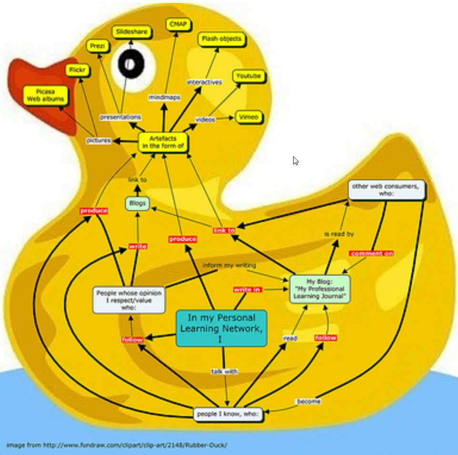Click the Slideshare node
(x=132, y=32)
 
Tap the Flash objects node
(x=222, y=39)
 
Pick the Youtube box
(x=248, y=76)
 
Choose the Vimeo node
(x=248, y=117)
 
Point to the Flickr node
(x=77, y=71)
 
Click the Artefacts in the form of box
(x=163, y=142)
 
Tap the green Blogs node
(x=137, y=203)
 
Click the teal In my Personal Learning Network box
(x=221, y=328)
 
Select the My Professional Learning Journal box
(x=320, y=289)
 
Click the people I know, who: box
(x=228, y=414)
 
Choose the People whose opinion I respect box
(x=129, y=300)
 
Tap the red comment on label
(x=372, y=253)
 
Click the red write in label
(x=247, y=289)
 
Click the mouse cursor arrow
(x=295, y=161)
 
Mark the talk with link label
(x=224, y=371)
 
